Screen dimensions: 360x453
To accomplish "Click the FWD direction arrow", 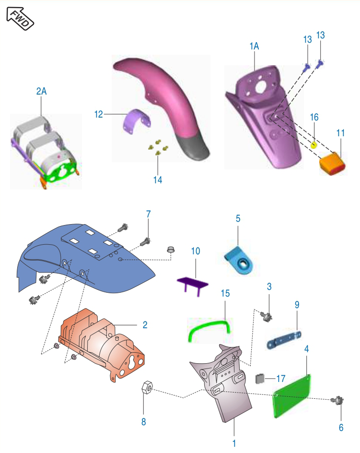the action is (x=20, y=19).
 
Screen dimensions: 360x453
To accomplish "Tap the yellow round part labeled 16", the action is (x=314, y=145).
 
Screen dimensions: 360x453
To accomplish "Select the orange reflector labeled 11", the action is (x=332, y=164).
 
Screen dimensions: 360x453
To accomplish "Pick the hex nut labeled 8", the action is (x=147, y=387).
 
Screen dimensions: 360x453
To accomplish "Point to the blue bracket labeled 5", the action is (x=239, y=260).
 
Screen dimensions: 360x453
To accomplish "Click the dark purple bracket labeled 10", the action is (x=193, y=285).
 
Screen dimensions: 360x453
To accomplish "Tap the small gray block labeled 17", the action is (x=260, y=379).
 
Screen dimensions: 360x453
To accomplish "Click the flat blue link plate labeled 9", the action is (x=284, y=340).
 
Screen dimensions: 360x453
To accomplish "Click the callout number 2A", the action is (x=41, y=91).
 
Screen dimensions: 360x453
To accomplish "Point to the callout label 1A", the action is (x=254, y=46).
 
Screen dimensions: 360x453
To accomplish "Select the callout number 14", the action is (x=158, y=180).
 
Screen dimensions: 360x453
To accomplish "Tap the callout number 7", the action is (x=149, y=214).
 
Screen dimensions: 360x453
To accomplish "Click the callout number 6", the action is (x=341, y=428).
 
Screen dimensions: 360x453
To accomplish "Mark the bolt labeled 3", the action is (x=266, y=316).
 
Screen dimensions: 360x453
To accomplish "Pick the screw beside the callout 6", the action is (x=337, y=400).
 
